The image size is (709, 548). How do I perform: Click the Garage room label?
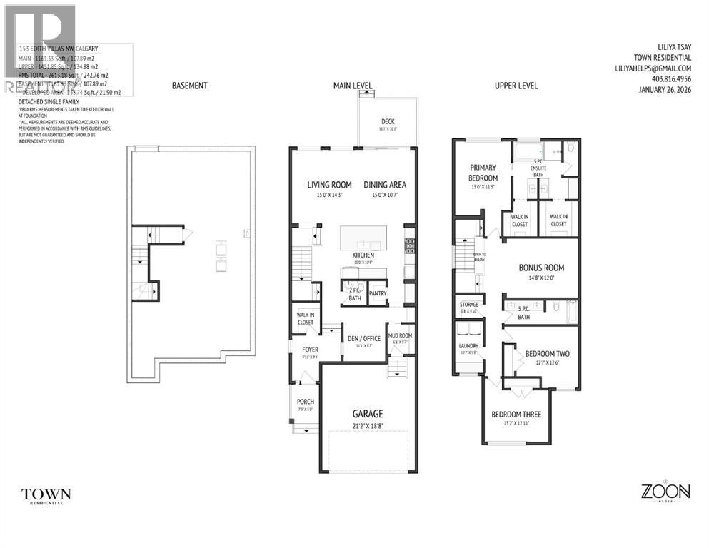coord(367,413)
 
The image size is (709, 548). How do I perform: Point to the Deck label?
coord(388,121)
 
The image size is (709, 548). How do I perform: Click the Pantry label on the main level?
coord(378,293)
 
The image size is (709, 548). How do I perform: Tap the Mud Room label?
coord(398,335)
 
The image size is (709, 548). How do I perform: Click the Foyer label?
coord(309,350)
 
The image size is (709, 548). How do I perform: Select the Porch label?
coord(305,402)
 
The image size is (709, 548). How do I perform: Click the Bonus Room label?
coord(540,268)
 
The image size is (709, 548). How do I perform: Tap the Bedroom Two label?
coord(547,354)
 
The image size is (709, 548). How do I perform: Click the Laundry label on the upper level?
coord(468,346)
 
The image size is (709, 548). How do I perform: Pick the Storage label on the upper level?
coord(468,305)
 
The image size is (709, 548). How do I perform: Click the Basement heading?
coord(189,86)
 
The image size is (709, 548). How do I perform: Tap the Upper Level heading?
coord(516,86)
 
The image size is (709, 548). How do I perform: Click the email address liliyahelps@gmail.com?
coord(653,68)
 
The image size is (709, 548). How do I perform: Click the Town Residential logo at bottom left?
coord(46,494)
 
